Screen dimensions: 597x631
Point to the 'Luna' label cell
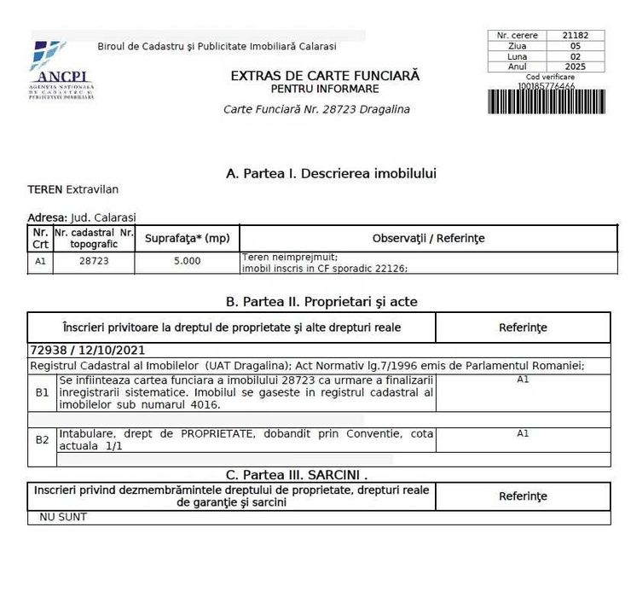coord(517,56)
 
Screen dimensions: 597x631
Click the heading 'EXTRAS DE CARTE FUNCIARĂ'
coord(325,75)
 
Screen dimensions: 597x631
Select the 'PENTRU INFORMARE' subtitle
coord(325,89)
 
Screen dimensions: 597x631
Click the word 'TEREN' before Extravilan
coord(45,189)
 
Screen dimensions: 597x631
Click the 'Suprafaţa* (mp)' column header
coord(187,239)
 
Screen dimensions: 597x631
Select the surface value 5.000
coord(187,261)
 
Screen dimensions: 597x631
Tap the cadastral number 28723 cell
coord(94,261)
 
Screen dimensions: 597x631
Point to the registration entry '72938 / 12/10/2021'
coord(87,350)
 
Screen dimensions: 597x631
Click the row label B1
coord(42,392)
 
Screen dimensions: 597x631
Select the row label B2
coord(42,440)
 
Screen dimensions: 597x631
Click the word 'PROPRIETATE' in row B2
coord(218,434)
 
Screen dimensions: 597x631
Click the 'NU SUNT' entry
coord(63,517)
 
